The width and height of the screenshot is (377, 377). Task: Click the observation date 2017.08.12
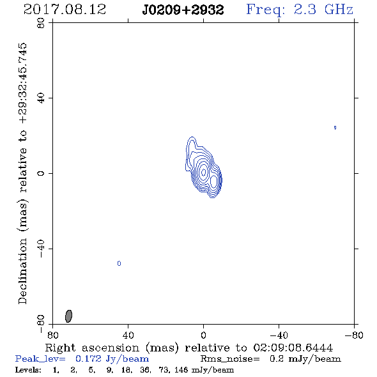click(x=65, y=10)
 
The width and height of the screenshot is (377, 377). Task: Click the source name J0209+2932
click(x=183, y=10)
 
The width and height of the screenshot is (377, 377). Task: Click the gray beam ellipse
click(x=68, y=316)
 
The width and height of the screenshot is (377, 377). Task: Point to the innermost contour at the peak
click(x=204, y=172)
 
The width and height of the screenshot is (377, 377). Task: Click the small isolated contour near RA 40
click(x=119, y=263)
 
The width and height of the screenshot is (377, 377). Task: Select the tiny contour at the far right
click(x=335, y=127)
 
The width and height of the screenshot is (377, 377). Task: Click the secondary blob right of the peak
click(x=213, y=181)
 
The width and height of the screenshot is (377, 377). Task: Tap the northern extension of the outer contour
click(x=192, y=142)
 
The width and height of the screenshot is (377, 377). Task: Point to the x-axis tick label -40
click(x=279, y=335)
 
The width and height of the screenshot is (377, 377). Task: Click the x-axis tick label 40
click(x=128, y=335)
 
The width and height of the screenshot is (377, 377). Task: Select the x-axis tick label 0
click(x=203, y=335)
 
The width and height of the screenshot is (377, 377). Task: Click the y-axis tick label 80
click(x=41, y=23)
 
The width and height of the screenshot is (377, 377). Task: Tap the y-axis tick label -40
click(x=41, y=249)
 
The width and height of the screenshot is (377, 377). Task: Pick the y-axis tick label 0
click(x=41, y=173)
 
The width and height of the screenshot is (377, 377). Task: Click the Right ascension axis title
click(x=189, y=348)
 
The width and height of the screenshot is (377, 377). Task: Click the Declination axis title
click(x=22, y=174)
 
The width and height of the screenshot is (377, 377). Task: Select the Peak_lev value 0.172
click(x=88, y=358)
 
